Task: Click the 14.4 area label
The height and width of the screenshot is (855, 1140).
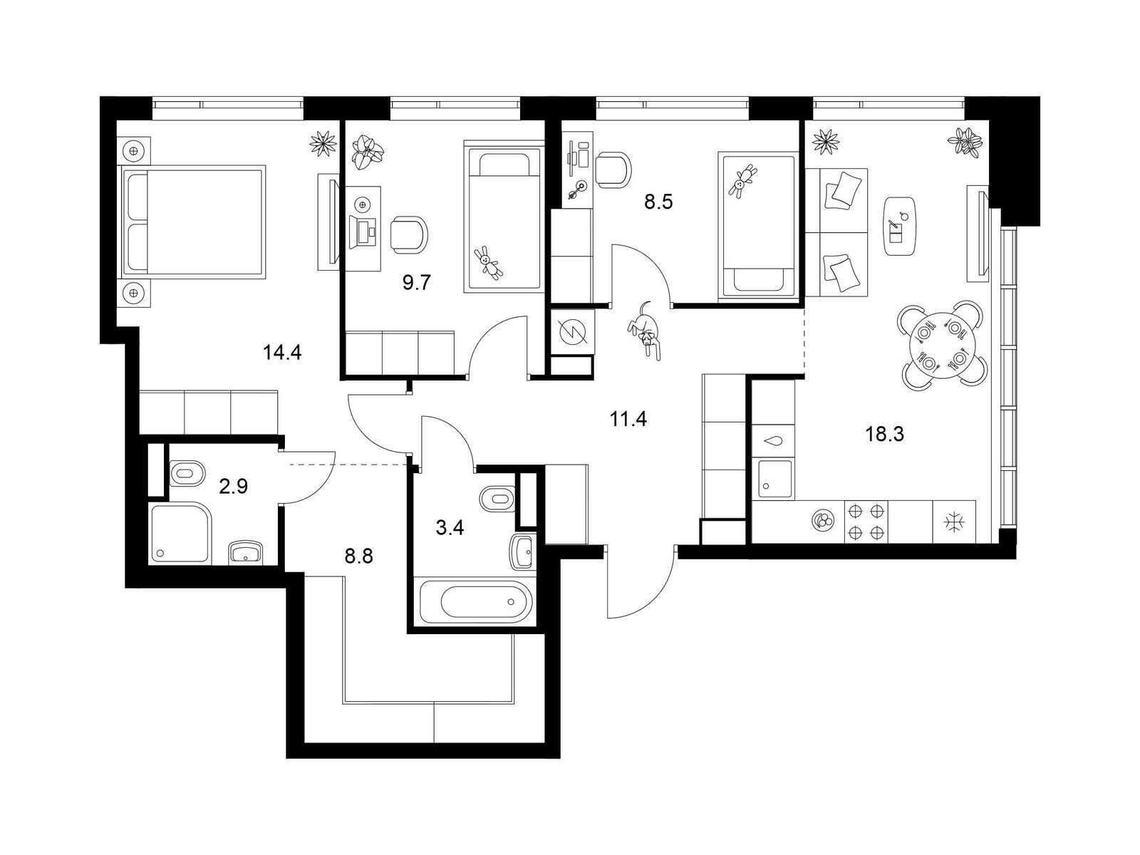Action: [282, 353]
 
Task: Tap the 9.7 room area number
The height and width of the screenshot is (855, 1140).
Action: [417, 283]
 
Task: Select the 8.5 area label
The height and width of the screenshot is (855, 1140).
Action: [658, 202]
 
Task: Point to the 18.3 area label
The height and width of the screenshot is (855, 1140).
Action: [884, 434]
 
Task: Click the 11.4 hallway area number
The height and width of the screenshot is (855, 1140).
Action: [628, 418]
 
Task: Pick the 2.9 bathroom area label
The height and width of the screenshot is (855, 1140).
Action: [233, 487]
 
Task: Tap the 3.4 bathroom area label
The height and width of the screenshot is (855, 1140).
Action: [450, 528]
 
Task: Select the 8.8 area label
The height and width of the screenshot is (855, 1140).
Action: [359, 557]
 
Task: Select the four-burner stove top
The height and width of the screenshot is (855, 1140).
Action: [866, 522]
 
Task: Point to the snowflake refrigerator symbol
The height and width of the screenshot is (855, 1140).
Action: [954, 522]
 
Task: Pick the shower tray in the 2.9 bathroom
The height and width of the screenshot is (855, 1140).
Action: [181, 533]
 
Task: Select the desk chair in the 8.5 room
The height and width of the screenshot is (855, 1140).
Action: [613, 170]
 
